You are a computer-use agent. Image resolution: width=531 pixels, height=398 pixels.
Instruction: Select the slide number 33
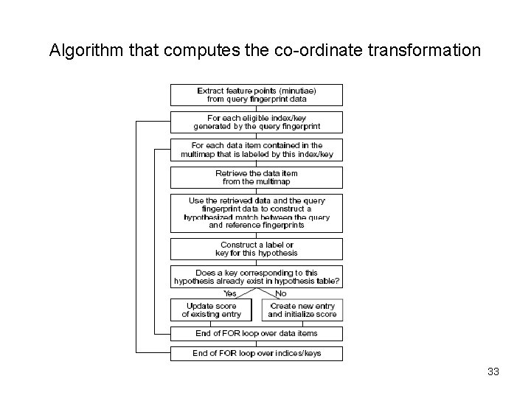(x=493, y=371)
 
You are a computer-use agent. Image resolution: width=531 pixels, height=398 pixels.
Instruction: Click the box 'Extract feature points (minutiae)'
(x=257, y=94)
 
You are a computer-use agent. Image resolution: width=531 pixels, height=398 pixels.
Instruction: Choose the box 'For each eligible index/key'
(x=257, y=122)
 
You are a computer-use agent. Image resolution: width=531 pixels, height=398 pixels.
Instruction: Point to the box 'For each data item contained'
(x=257, y=150)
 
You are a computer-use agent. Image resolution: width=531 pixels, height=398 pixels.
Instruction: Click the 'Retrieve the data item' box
(x=257, y=177)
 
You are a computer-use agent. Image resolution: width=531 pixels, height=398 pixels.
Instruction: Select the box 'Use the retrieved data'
(x=257, y=212)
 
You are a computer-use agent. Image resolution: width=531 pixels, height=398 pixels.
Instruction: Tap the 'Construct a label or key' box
(x=257, y=248)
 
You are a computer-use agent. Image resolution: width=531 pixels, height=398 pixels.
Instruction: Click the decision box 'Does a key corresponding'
(x=257, y=276)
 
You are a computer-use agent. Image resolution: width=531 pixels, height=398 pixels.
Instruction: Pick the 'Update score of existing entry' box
(x=211, y=310)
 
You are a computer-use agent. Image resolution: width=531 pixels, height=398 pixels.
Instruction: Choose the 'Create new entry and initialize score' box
(x=302, y=310)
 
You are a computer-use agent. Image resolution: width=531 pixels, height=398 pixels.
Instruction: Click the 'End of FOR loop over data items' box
(x=257, y=333)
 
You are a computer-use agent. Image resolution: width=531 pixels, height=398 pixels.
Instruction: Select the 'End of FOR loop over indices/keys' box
(x=257, y=353)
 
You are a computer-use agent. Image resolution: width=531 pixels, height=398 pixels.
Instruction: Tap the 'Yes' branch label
(x=209, y=293)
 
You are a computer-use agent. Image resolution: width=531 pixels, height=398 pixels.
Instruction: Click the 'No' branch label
(x=280, y=293)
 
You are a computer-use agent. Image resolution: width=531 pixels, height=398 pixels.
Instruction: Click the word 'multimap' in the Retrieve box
(x=272, y=181)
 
